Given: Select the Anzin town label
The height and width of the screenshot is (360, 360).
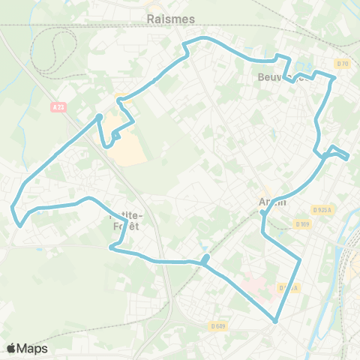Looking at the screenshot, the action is [x=272, y=201].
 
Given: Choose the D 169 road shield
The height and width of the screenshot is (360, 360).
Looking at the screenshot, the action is [x=303, y=223].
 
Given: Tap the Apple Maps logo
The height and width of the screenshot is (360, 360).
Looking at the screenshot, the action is [x=28, y=348].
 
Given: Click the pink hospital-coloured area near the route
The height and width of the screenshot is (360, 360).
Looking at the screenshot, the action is [x=255, y=286].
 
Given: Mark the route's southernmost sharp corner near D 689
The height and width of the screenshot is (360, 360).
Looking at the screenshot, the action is [x=276, y=321].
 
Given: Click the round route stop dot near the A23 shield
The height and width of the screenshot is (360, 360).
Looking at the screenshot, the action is [x=99, y=116].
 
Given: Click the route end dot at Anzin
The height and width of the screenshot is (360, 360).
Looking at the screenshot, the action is [x=262, y=214].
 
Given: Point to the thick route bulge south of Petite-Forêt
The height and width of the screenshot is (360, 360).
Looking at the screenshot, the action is [x=204, y=260].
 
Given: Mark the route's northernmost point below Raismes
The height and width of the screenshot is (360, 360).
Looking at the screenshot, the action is [x=201, y=38].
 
